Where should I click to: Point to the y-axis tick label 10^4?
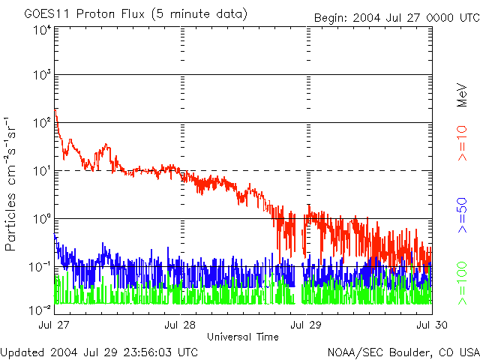click(x=42, y=30)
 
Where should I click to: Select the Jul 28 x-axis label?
click(x=180, y=325)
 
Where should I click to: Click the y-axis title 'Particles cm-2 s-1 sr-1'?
click(x=12, y=183)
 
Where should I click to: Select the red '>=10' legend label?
click(x=463, y=143)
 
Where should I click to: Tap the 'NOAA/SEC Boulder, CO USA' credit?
click(x=403, y=352)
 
